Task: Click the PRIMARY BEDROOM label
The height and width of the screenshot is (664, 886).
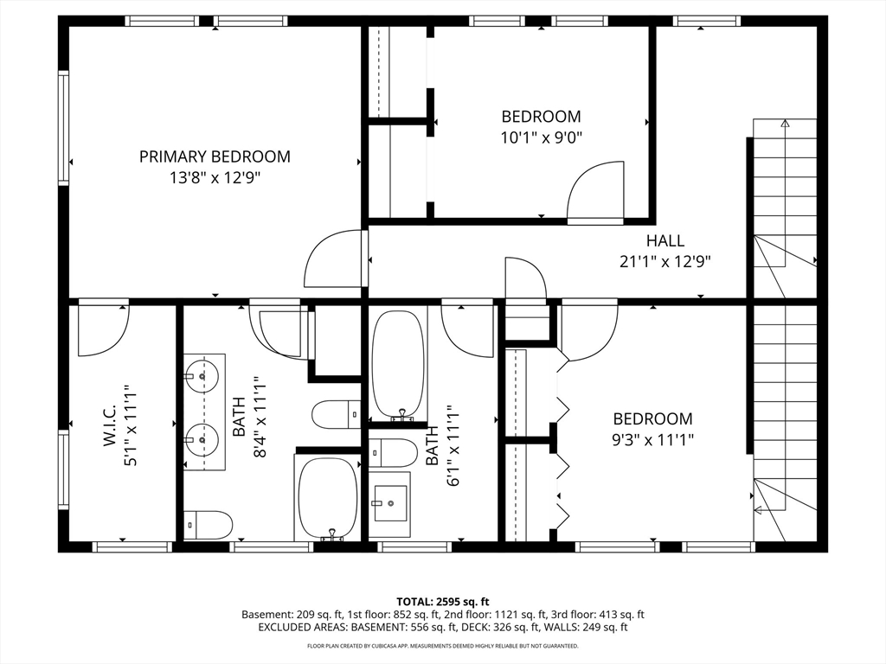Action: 215,156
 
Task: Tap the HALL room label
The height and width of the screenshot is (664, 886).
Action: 665,240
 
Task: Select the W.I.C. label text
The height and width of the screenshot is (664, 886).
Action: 110,425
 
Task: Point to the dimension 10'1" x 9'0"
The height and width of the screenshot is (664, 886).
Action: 542,137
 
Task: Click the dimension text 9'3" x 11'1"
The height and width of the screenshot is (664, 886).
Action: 652,439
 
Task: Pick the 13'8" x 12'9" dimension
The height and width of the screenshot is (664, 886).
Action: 215,178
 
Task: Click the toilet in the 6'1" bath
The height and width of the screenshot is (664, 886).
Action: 393,452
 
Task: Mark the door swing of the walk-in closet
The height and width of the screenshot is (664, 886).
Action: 104,329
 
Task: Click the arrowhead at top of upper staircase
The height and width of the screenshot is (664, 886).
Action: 785,123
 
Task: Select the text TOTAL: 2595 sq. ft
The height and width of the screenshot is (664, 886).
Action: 442,602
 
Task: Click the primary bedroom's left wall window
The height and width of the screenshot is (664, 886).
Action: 63,128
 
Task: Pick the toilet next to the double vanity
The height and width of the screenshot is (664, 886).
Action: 209,525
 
